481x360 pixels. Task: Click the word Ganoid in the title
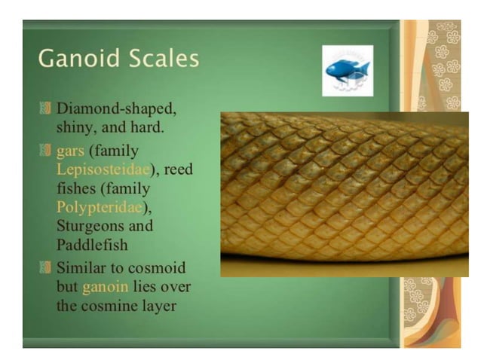click(73, 58)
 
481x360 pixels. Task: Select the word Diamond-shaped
click(117, 108)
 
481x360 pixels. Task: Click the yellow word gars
click(70, 149)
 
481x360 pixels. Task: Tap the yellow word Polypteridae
click(99, 206)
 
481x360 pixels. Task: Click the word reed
click(178, 169)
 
